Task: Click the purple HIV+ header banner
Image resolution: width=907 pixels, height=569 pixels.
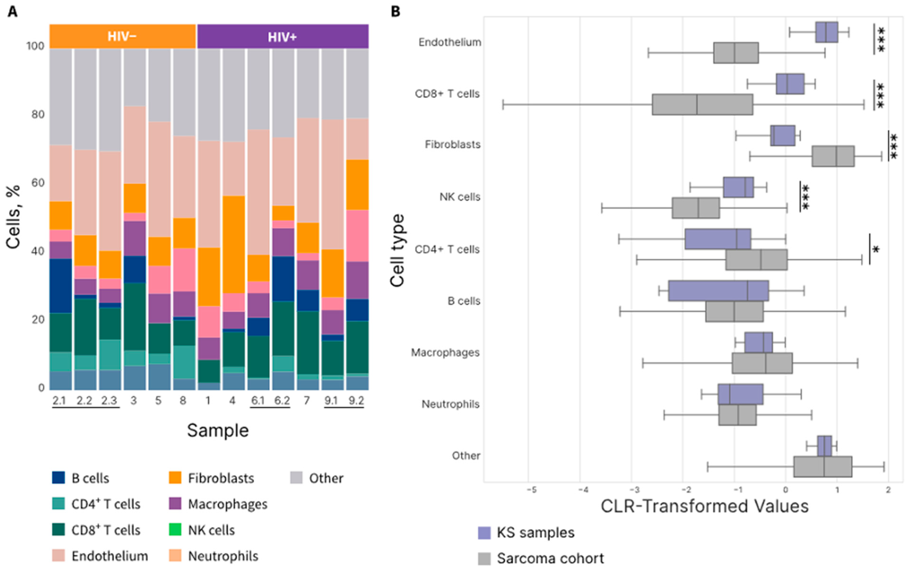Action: (x=282, y=36)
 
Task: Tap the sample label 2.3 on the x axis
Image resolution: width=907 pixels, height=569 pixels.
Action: (x=109, y=400)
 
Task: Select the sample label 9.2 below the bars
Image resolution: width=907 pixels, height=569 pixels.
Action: (x=356, y=400)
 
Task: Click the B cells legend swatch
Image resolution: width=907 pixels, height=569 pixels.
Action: (x=58, y=478)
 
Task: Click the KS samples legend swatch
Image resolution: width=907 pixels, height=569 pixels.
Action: (x=484, y=533)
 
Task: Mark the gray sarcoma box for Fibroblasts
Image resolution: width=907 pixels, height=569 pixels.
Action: (x=833, y=156)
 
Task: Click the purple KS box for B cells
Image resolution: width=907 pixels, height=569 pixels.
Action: (x=718, y=290)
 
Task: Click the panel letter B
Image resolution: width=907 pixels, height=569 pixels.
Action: (x=395, y=12)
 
